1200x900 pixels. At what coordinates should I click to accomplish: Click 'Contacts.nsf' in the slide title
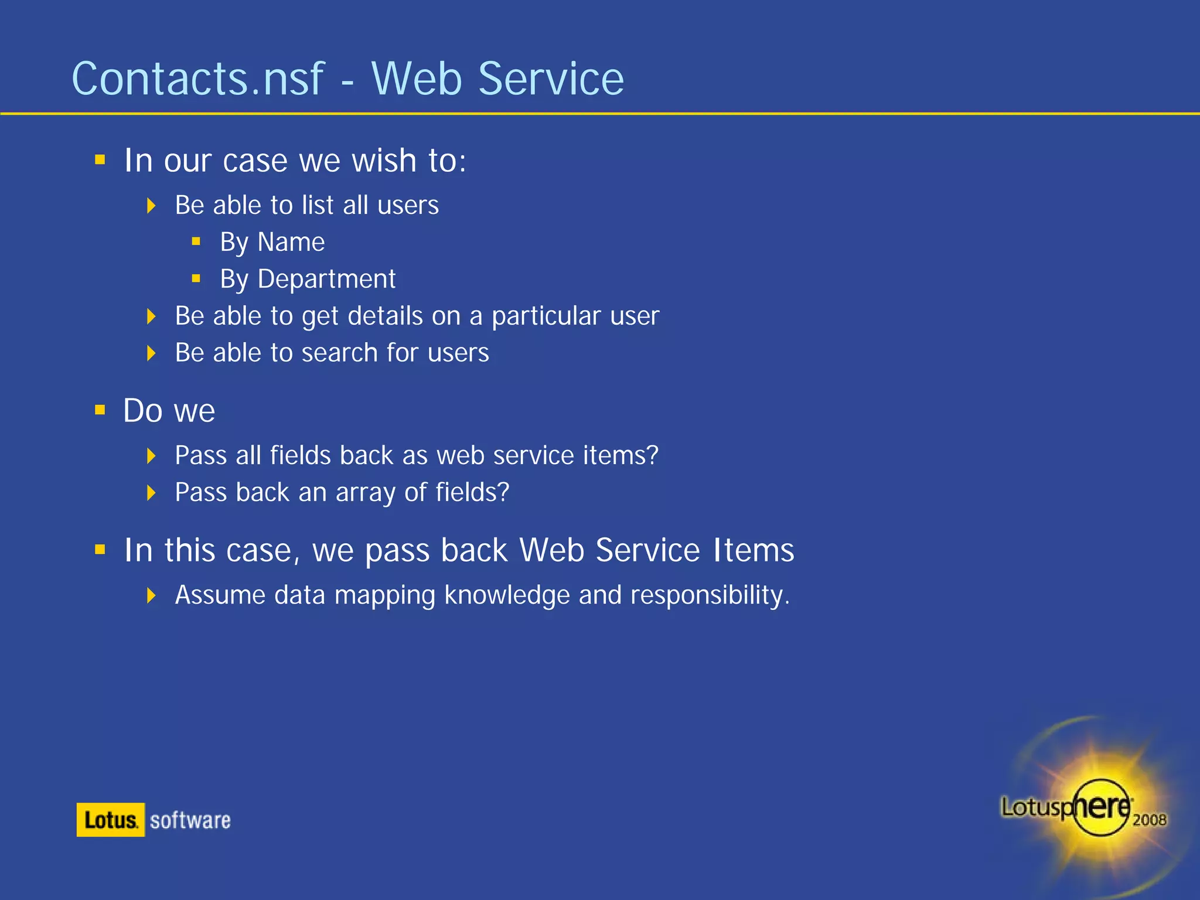tap(197, 79)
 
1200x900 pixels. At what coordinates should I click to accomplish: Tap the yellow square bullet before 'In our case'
tap(100, 159)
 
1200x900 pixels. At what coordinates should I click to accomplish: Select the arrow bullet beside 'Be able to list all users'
tap(151, 206)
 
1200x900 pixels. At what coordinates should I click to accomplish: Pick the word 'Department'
tap(326, 279)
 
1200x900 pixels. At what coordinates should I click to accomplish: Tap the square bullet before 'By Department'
tap(196, 279)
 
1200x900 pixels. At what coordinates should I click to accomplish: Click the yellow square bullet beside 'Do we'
tap(100, 410)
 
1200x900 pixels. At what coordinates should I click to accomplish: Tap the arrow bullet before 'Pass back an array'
tap(151, 493)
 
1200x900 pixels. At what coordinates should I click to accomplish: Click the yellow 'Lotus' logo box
tap(111, 820)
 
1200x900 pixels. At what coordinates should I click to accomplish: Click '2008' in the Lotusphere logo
tap(1149, 820)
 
